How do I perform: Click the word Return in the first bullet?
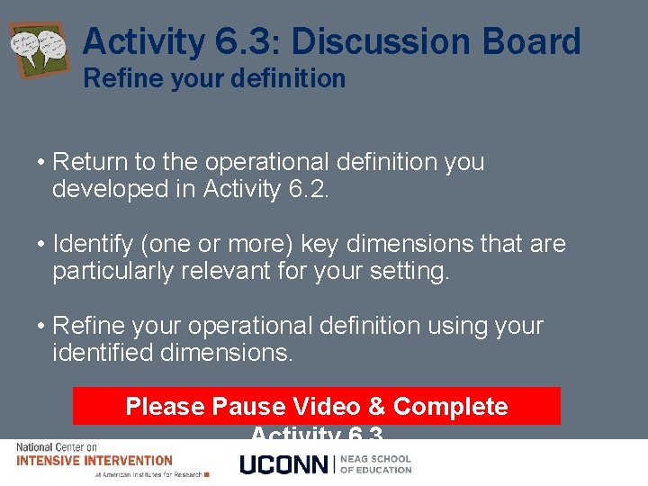[x=91, y=162]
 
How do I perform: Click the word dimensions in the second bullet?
[x=414, y=244]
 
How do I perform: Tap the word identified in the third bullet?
[x=103, y=353]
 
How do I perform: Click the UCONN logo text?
[x=285, y=464]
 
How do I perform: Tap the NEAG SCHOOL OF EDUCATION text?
[x=375, y=464]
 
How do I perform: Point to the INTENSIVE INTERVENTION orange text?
[x=94, y=460]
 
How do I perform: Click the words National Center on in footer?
[x=57, y=447]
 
